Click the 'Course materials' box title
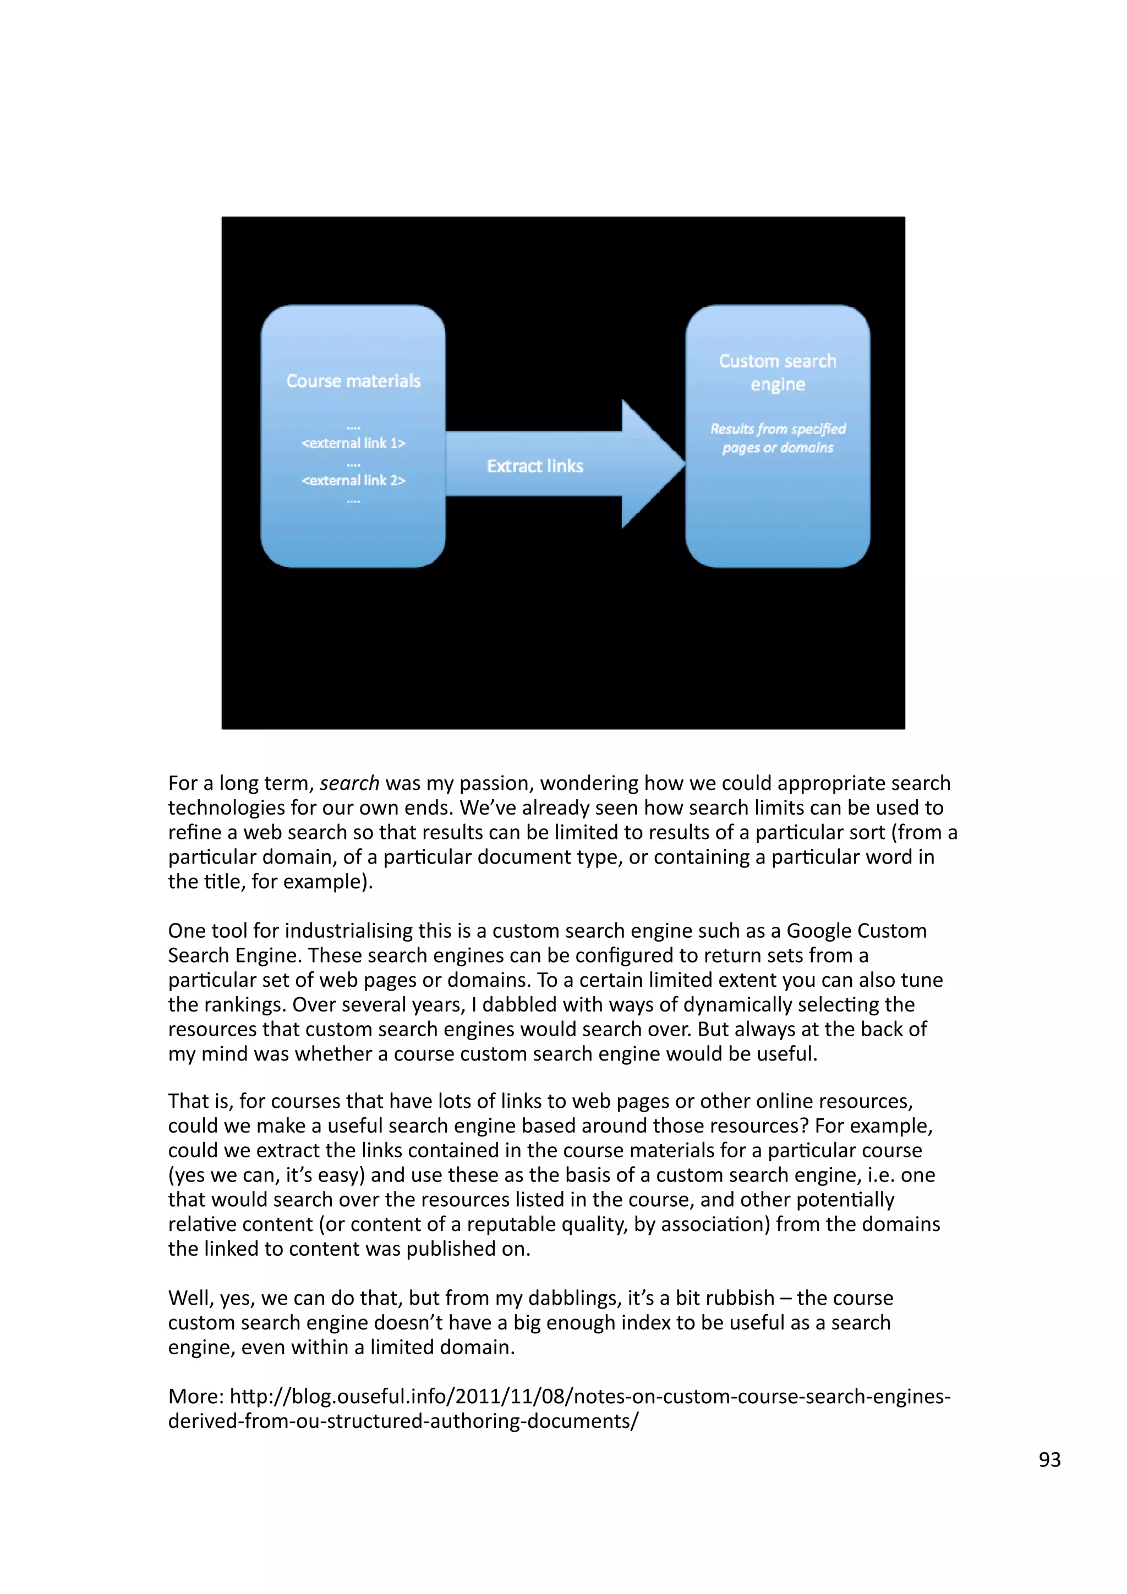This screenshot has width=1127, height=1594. coord(353,381)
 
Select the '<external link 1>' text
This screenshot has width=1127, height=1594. coord(353,443)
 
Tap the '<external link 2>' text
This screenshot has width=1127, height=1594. coord(353,480)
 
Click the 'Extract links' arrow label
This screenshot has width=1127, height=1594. coord(535,466)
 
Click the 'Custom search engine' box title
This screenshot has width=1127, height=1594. coord(778,372)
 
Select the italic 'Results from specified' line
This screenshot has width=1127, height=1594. coord(778,429)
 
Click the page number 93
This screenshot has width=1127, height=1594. coord(1049,1459)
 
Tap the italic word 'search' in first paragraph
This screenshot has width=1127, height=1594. coord(349,783)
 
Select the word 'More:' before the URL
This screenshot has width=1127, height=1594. coord(196,1396)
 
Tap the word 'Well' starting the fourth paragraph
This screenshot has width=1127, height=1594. coord(189,1298)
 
